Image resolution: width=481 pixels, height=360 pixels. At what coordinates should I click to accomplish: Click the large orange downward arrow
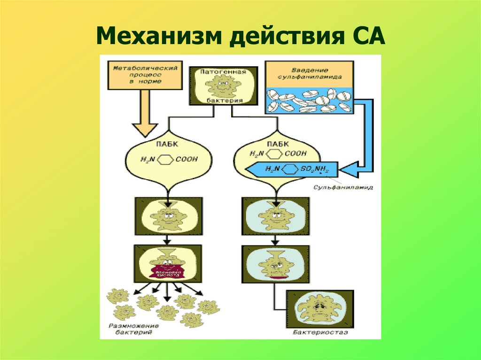(145, 113)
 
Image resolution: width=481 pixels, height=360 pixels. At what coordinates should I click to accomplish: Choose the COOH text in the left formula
(186, 160)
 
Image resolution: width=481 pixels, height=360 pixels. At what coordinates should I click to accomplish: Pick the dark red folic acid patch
(168, 273)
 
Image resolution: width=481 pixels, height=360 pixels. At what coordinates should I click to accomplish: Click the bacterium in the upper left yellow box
(168, 217)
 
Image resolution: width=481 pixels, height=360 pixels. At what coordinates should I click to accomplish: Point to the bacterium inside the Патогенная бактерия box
(224, 86)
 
